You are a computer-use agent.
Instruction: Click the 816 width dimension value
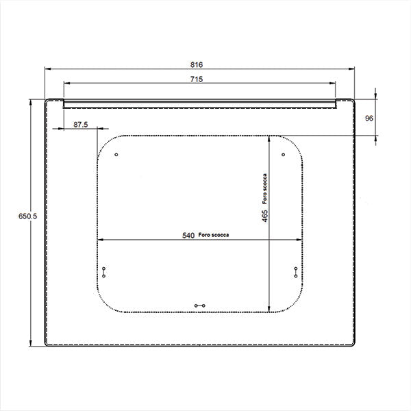(x=197, y=64)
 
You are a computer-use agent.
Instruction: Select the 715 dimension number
(x=197, y=79)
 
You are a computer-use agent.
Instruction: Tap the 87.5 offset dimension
(x=80, y=125)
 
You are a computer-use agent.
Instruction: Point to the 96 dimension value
(x=369, y=119)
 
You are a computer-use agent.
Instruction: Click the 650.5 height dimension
(x=28, y=216)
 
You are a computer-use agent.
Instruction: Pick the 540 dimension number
(x=188, y=236)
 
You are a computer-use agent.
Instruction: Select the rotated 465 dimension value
(x=265, y=216)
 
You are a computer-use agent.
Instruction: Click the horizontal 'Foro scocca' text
(x=213, y=235)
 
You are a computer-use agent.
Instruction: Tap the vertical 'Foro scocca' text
(x=264, y=189)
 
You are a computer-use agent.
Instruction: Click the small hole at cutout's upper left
(x=116, y=155)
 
